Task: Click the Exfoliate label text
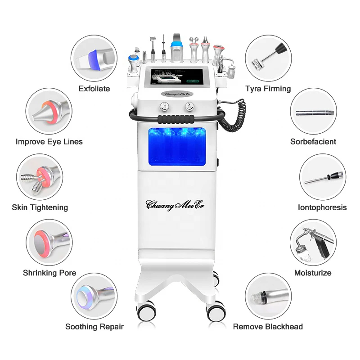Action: pyautogui.click(x=94, y=89)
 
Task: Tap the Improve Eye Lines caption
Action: pyautogui.click(x=49, y=142)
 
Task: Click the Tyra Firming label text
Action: pyautogui.click(x=268, y=89)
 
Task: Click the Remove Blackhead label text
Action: pyautogui.click(x=268, y=327)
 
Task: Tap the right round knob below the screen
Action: pyautogui.click(x=188, y=107)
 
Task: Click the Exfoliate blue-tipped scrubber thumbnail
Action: pyautogui.click(x=94, y=59)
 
